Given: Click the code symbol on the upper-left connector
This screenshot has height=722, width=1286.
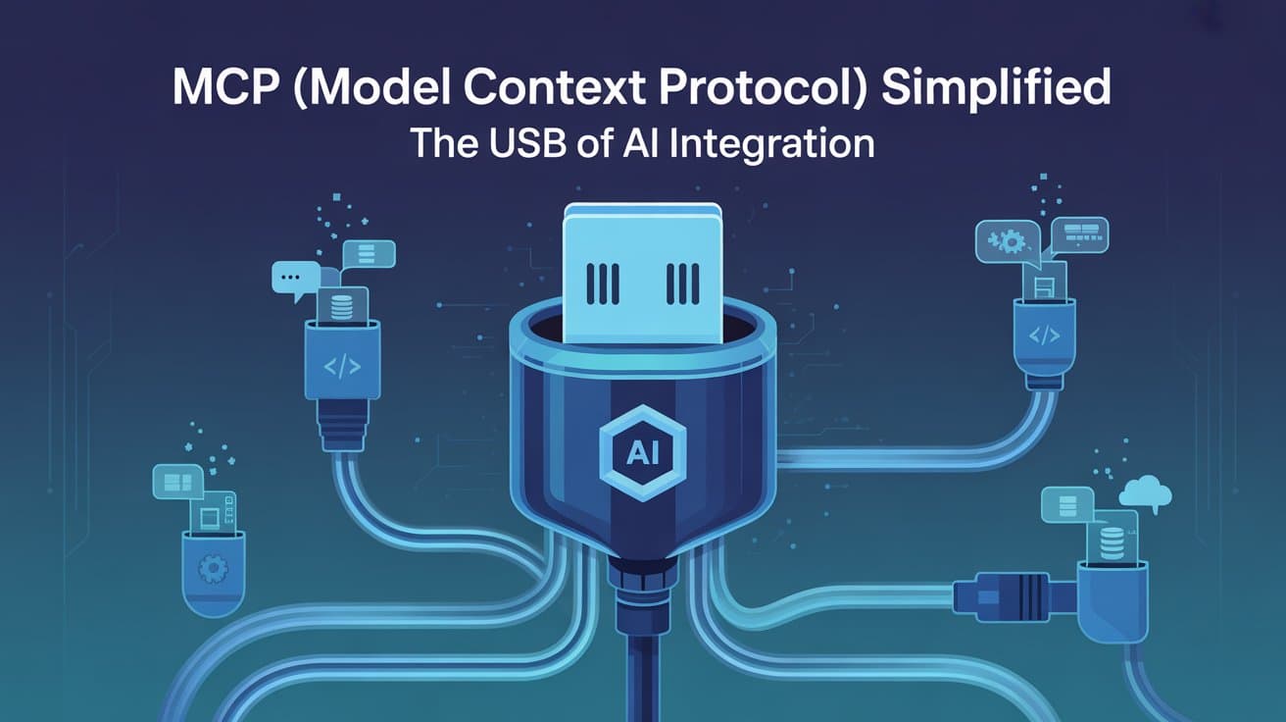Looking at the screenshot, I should (342, 368).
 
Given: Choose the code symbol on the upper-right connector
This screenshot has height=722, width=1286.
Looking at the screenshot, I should (1043, 335).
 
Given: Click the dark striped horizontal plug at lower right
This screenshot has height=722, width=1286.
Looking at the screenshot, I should (1014, 593).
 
